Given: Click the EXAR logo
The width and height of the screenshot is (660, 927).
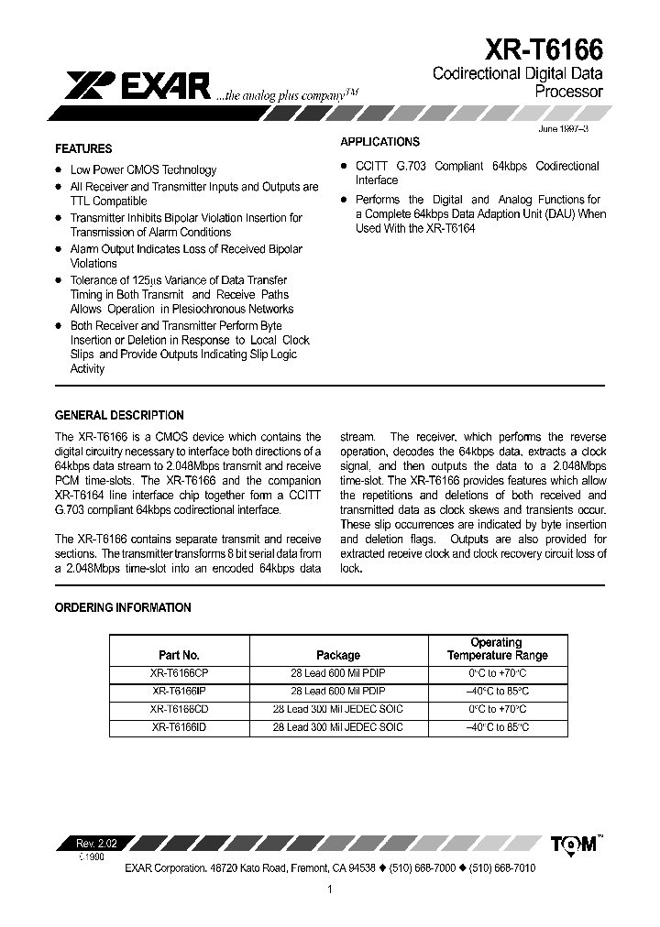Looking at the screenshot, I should (138, 87).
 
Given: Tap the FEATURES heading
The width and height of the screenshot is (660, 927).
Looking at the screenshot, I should (83, 148).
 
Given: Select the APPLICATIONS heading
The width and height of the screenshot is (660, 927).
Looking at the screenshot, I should (379, 142).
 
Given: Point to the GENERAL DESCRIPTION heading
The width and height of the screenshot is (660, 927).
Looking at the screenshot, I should (119, 415).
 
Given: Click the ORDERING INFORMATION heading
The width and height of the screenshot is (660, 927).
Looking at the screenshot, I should (123, 607).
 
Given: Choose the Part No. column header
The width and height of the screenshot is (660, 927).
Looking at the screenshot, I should (179, 655).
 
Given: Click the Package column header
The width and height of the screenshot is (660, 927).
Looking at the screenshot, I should (338, 655).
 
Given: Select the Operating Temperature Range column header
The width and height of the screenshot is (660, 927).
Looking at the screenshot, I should (497, 649).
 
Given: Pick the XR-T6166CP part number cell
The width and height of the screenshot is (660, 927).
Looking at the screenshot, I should (181, 672).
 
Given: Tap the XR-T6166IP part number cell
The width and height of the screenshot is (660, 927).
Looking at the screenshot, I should (179, 691).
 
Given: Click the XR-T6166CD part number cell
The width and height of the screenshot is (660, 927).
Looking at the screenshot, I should (181, 709).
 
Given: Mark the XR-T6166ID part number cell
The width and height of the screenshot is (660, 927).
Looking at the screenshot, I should (179, 727).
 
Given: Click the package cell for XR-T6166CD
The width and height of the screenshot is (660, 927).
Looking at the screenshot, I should (338, 709).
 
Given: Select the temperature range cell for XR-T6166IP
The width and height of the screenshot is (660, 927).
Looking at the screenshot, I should (497, 691).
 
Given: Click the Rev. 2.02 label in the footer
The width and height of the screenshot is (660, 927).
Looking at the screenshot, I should (93, 842).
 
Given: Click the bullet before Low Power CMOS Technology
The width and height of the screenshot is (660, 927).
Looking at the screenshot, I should (59, 169).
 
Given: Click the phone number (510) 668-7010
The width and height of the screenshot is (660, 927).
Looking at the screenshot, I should (502, 867).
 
